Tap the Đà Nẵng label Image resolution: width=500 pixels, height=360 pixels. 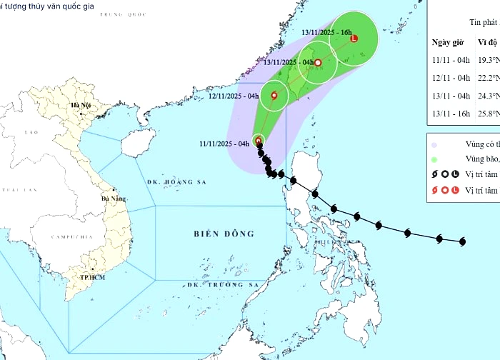click(114, 199)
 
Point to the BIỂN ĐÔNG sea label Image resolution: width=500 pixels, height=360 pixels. click(224, 234)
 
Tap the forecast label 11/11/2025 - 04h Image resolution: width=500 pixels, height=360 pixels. click(224, 144)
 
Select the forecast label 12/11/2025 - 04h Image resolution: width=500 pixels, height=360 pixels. click(233, 96)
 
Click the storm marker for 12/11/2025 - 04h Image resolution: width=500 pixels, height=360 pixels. click(274, 95)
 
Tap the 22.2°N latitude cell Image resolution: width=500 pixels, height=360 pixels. click(487, 77)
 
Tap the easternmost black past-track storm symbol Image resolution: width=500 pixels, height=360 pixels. click(462, 241)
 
